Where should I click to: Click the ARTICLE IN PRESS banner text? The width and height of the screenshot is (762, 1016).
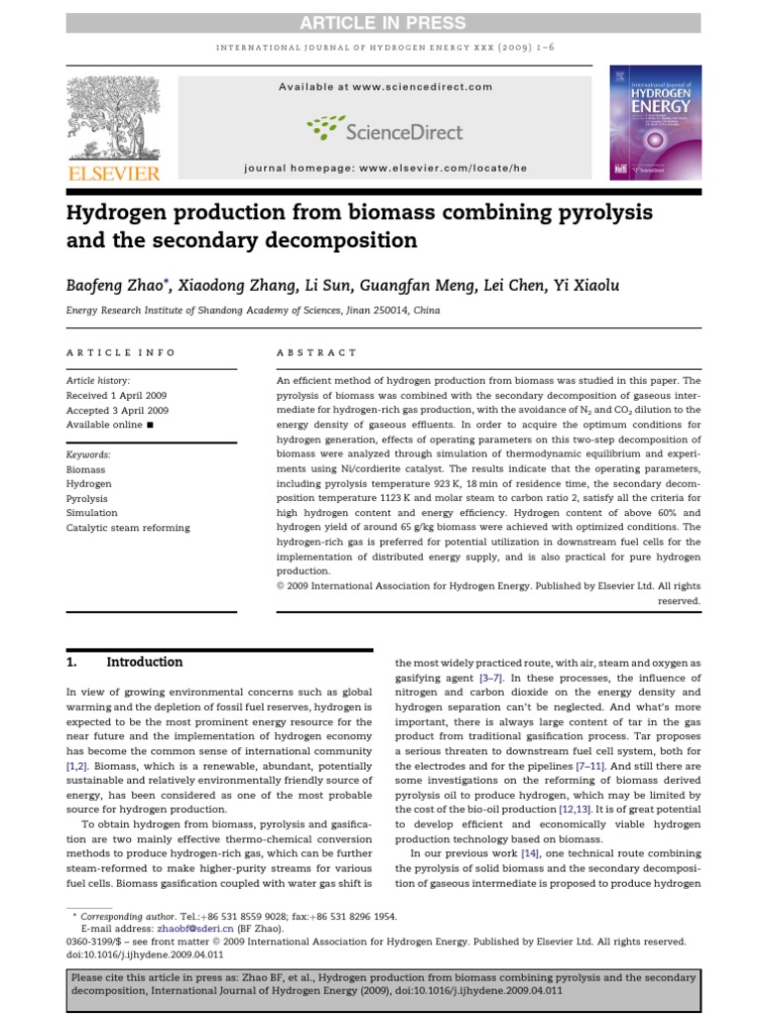pyautogui.click(x=380, y=23)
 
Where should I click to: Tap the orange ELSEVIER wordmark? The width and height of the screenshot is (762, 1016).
pyautogui.click(x=111, y=175)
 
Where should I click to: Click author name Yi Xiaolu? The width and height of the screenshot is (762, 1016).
pyautogui.click(x=585, y=286)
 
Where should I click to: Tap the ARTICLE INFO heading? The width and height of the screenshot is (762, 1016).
pyautogui.click(x=120, y=352)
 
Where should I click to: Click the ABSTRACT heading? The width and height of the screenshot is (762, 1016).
pyautogui.click(x=315, y=352)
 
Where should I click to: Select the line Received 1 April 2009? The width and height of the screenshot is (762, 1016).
pyautogui.click(x=116, y=395)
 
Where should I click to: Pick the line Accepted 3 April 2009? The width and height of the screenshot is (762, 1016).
pyautogui.click(x=117, y=410)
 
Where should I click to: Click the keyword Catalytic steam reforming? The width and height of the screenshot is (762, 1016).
pyautogui.click(x=127, y=528)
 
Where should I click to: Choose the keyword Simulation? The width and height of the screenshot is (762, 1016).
pyautogui.click(x=91, y=513)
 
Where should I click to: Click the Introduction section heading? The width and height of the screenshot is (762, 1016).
pyautogui.click(x=144, y=662)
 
